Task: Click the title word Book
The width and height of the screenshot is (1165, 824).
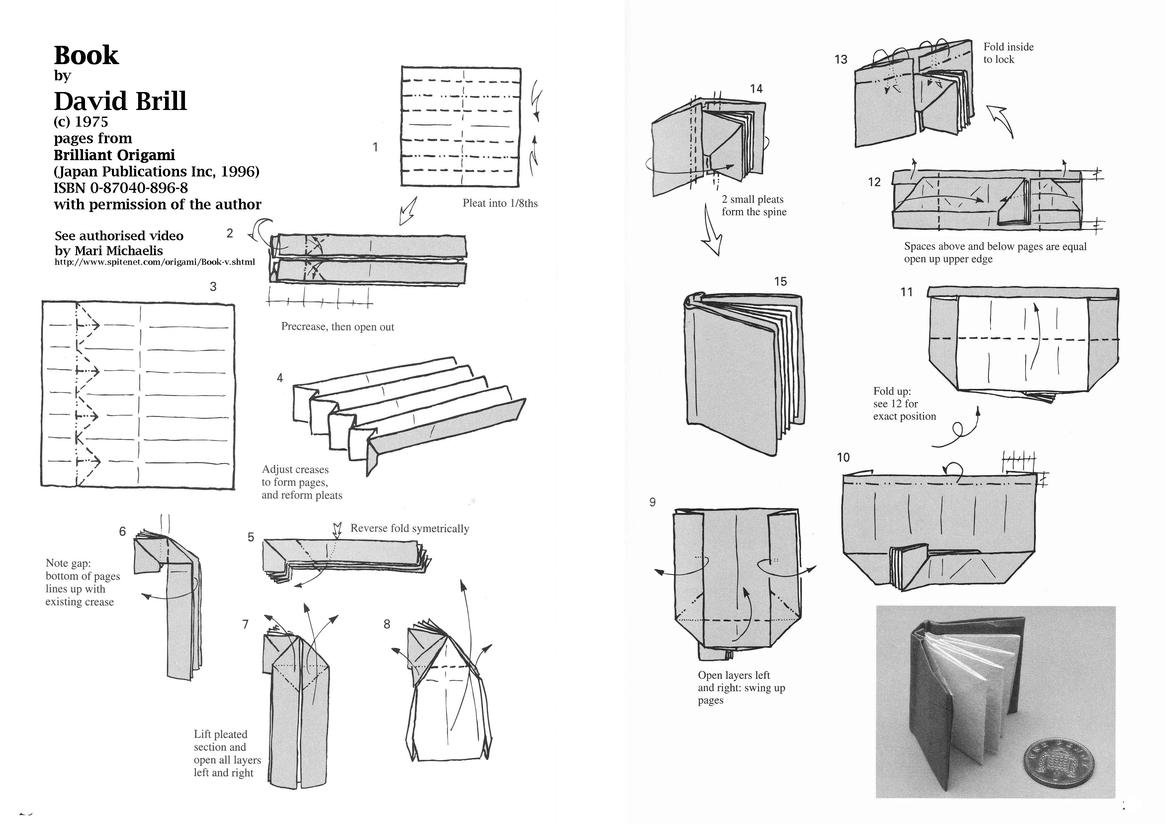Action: tap(86, 55)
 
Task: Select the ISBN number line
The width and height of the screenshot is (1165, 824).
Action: tap(121, 188)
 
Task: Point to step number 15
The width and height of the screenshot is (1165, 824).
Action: tap(780, 281)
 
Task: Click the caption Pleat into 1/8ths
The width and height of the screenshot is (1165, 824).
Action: tap(500, 203)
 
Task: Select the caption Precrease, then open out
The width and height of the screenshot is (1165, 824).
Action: tap(337, 327)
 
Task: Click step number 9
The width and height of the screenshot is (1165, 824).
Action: tap(653, 502)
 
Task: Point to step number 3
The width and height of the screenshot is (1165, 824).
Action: tap(213, 286)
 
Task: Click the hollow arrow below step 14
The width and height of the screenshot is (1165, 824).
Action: tap(712, 231)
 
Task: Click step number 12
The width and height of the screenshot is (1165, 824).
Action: tap(874, 182)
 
